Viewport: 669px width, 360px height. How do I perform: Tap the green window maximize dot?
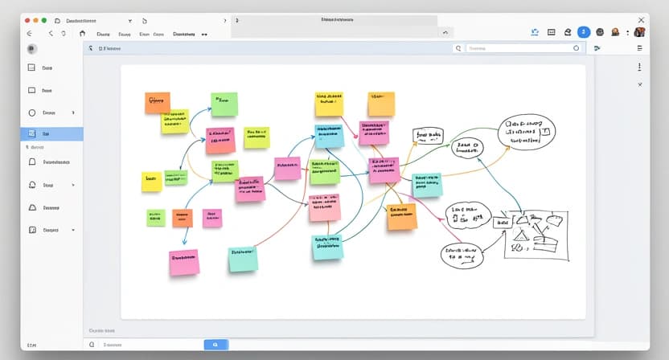43,19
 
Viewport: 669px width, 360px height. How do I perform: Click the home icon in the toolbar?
82,34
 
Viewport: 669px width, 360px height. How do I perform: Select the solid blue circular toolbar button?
584,32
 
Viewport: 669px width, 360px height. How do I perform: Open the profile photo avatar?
639,32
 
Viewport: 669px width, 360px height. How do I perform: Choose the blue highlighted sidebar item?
51,134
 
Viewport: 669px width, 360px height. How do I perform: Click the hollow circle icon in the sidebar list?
33,113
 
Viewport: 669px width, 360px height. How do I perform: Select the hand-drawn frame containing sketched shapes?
536,234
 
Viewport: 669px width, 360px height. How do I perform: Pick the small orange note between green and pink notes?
182,218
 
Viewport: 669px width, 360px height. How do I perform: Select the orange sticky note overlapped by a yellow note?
157,102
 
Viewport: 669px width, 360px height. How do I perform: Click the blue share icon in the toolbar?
535,32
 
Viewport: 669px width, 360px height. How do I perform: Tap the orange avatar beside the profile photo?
615,32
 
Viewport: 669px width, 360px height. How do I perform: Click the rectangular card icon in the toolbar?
552,32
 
